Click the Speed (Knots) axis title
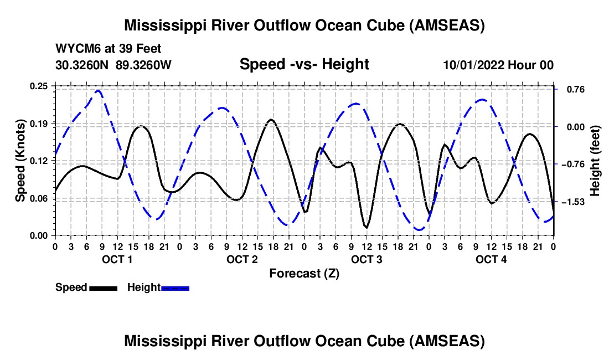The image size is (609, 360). coord(20,161)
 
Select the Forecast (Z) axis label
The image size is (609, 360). coord(304,274)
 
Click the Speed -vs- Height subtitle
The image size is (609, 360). coord(304,64)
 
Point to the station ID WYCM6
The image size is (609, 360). coord(77,49)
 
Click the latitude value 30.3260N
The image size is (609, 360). coord(82,65)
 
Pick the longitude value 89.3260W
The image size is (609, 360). coord(144,65)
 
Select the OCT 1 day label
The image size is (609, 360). coord(117,259)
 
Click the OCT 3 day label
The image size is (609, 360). coord(367,259)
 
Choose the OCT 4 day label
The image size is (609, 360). coord(491,259)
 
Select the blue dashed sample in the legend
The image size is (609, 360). coord(175,288)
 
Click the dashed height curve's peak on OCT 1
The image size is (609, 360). coord(98,90)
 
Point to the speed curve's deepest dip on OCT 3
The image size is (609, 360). coord(366,227)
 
